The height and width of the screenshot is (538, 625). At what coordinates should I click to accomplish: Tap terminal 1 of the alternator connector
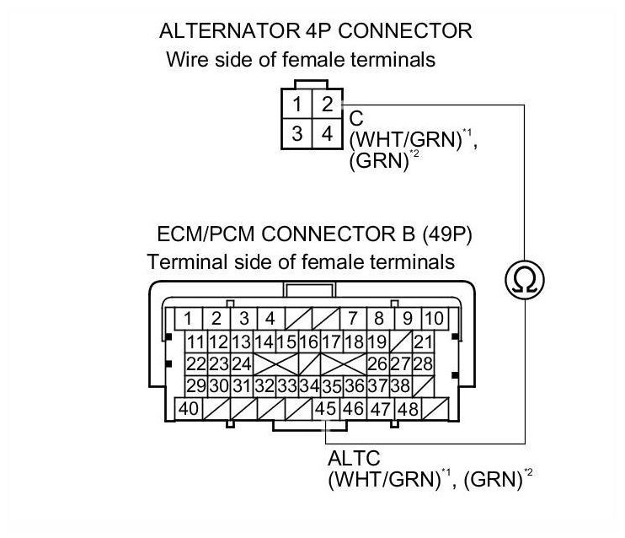click(x=299, y=105)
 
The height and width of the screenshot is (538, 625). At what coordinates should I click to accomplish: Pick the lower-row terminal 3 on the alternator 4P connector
click(x=299, y=132)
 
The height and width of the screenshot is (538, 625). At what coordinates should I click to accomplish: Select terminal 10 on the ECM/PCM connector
click(x=433, y=319)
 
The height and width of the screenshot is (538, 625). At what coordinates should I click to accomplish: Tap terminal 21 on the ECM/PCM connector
click(x=423, y=342)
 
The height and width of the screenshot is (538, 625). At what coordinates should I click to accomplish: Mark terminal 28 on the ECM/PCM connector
click(x=423, y=364)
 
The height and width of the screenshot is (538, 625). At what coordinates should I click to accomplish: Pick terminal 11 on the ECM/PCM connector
click(x=196, y=342)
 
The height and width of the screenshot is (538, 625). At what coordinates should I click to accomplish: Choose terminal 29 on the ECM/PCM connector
click(x=196, y=387)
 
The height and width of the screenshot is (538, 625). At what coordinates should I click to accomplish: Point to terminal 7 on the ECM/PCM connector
click(x=352, y=319)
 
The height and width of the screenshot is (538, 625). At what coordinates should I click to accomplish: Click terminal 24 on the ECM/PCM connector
click(x=242, y=364)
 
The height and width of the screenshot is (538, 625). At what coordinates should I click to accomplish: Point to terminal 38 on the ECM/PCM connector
click(x=400, y=387)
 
